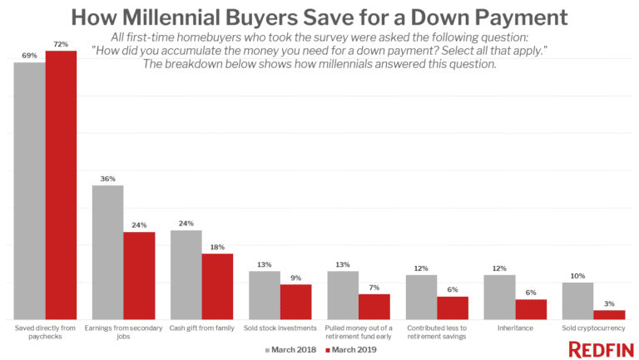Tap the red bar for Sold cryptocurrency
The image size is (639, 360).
[x=609, y=314]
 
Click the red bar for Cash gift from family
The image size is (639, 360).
[x=217, y=286]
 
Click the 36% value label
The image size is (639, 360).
[x=107, y=177]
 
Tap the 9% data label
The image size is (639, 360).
[x=295, y=277]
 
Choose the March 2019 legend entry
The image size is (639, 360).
[x=349, y=350]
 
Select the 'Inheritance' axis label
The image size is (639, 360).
[x=516, y=328]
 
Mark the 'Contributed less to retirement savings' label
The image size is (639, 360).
[x=438, y=332]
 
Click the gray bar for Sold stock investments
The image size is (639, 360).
[x=265, y=295]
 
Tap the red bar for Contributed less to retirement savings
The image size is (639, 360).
[x=453, y=308]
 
